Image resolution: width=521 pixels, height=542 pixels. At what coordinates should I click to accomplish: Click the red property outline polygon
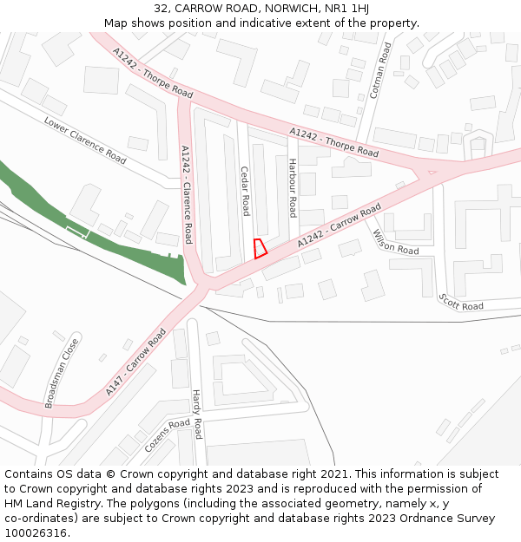click(x=259, y=248)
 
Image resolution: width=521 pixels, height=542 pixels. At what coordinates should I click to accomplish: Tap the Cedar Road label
click(x=246, y=191)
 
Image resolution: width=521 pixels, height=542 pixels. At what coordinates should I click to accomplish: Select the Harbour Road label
click(x=293, y=188)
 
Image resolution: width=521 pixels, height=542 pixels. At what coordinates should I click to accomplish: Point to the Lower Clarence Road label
click(x=85, y=140)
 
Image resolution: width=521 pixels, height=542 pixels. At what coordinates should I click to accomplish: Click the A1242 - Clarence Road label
click(x=186, y=194)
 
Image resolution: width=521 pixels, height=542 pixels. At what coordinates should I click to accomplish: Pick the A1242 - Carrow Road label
click(x=340, y=226)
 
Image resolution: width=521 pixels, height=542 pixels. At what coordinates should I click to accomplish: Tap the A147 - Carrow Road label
click(x=135, y=362)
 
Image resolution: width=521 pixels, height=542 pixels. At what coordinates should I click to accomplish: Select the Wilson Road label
click(x=395, y=242)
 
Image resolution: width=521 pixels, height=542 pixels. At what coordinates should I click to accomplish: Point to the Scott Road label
click(x=461, y=301)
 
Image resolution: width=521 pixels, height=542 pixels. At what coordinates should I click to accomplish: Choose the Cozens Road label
click(x=167, y=435)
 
